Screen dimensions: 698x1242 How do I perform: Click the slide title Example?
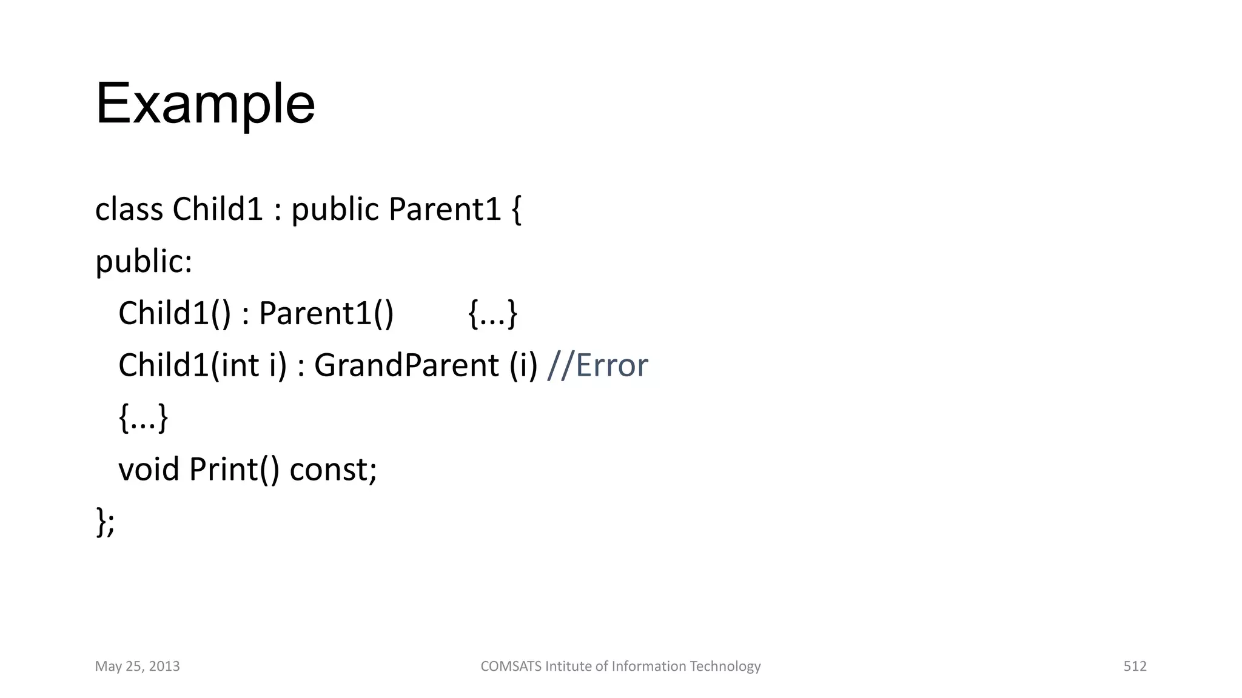pyautogui.click(x=205, y=104)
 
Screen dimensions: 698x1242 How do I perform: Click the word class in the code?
pyautogui.click(x=129, y=210)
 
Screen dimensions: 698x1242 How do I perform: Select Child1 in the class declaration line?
pyautogui.click(x=218, y=210)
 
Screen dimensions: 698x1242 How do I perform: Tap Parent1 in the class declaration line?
pyautogui.click(x=445, y=210)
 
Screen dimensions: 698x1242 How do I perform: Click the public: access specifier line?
pyautogui.click(x=144, y=262)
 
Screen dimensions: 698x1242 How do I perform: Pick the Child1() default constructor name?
pyautogui.click(x=175, y=314)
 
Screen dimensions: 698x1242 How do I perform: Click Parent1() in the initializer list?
pyautogui.click(x=326, y=314)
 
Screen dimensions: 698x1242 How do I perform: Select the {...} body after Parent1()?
pyautogui.click(x=493, y=314)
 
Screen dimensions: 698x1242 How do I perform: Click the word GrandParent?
pyautogui.click(x=406, y=366)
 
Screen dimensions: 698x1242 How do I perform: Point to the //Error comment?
pyautogui.click(x=597, y=366)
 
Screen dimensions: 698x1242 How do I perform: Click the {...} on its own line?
pyautogui.click(x=143, y=418)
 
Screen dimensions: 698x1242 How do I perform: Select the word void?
pyautogui.click(x=149, y=470)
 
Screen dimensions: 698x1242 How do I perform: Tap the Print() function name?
pyautogui.click(x=234, y=470)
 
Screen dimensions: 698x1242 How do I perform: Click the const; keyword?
pyautogui.click(x=333, y=470)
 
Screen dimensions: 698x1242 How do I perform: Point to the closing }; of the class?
pyautogui.click(x=105, y=522)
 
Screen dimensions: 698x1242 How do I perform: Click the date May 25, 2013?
pyautogui.click(x=138, y=666)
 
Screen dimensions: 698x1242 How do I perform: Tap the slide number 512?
pyautogui.click(x=1135, y=666)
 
